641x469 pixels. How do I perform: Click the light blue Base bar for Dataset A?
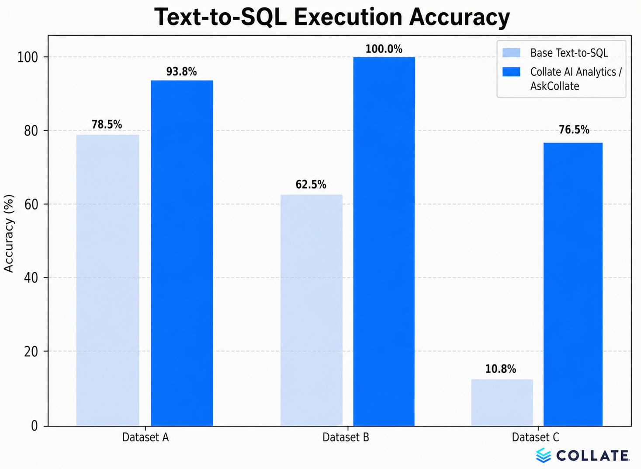[x=107, y=280]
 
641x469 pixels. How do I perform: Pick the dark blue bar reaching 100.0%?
[x=384, y=241]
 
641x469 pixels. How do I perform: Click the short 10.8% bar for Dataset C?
[x=502, y=402]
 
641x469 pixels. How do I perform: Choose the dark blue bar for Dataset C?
[x=573, y=284]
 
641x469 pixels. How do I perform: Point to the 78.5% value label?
[x=107, y=125]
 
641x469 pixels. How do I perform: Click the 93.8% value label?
[x=181, y=71]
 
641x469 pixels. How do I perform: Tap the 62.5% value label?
[x=311, y=185]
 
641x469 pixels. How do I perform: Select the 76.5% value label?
[x=574, y=130]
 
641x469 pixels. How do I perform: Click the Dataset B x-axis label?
[x=346, y=437]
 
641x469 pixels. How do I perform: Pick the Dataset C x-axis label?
[x=535, y=437]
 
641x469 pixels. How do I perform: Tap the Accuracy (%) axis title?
[x=9, y=233]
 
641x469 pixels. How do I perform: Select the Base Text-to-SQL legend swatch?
[x=511, y=53]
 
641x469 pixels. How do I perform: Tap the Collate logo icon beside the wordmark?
[x=544, y=455]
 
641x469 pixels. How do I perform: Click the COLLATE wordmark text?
[x=592, y=456]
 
